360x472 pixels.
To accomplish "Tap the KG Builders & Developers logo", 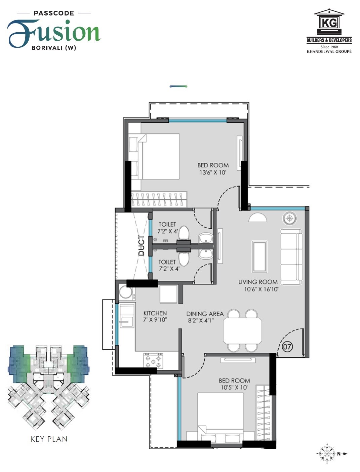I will pos(329,31).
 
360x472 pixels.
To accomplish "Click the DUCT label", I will pos(142,245).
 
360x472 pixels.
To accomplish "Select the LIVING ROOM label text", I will pos(258,282).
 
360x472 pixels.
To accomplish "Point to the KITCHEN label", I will pos(155,313).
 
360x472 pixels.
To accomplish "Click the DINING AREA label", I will pos(205,314).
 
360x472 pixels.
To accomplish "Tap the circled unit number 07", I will pos(287,346).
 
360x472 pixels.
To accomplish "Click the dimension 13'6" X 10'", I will pos(213,172).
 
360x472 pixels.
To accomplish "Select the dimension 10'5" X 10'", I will pos(234,387).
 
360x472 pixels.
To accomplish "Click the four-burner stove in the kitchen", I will pos(153,361).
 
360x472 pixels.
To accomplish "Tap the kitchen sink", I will pos(125,321).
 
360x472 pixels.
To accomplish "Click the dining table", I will pos(242,330).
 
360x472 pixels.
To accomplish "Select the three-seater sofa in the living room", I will pos(291,257).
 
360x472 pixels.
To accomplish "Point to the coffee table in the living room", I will pos(259,256).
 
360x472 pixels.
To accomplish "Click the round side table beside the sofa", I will pos(289,218).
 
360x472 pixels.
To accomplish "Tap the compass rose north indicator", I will pos(327,454).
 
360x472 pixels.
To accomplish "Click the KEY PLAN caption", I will pos(49,439).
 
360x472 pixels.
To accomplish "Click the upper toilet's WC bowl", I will pos(184,233).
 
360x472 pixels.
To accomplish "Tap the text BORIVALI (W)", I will pos(54,48).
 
